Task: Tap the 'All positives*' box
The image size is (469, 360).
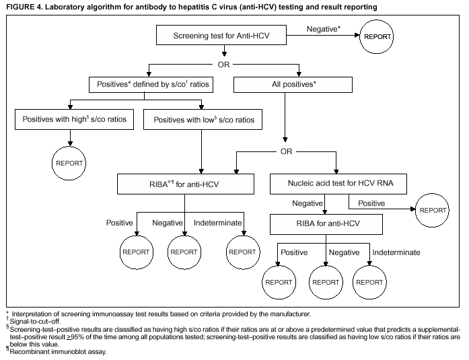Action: (292, 85)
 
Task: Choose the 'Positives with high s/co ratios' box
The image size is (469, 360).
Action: (74, 120)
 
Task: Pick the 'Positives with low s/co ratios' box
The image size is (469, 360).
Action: (204, 120)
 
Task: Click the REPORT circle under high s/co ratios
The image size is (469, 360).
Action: (71, 164)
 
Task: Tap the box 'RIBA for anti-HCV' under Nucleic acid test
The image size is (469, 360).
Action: (326, 224)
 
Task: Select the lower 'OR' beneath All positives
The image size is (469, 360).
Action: (287, 151)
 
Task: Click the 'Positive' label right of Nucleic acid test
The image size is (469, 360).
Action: (371, 203)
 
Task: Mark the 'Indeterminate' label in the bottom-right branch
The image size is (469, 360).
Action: (396, 252)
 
